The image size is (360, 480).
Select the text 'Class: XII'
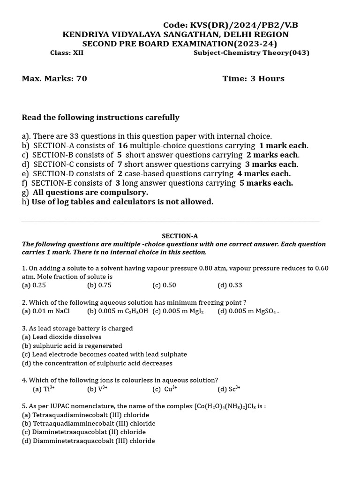click(67, 52)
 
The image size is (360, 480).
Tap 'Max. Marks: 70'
click(54, 78)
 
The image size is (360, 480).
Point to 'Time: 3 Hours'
click(253, 78)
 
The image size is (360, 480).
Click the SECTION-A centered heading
click(176, 236)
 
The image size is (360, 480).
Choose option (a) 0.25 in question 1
click(34, 285)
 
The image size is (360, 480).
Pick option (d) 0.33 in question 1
click(230, 285)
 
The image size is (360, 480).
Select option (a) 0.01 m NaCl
click(45, 311)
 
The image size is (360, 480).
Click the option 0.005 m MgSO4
click(248, 311)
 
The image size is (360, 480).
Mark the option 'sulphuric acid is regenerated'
click(72, 345)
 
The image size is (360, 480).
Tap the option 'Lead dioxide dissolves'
click(61, 337)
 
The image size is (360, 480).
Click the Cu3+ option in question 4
click(165, 389)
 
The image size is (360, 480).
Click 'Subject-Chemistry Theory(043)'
click(251, 52)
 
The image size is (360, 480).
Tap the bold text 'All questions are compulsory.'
click(90, 192)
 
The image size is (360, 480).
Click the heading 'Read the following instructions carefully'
click(100, 117)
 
